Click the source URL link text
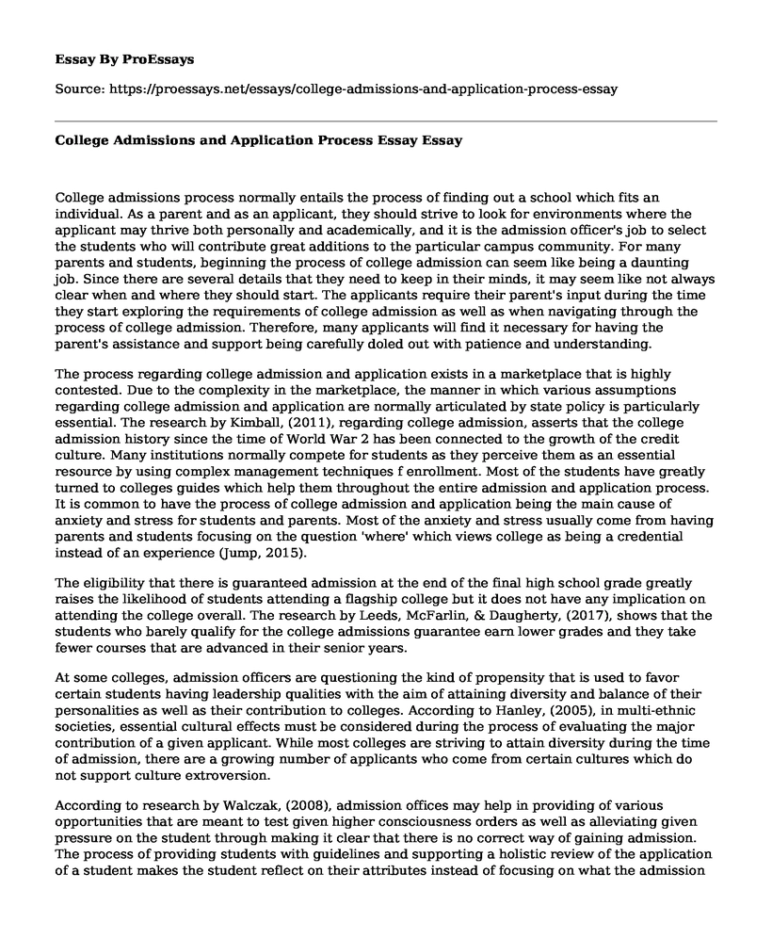(x=361, y=89)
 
